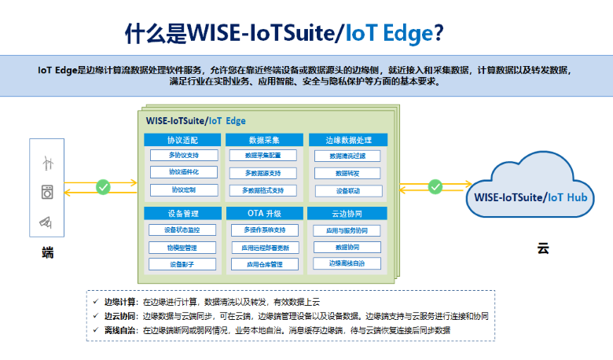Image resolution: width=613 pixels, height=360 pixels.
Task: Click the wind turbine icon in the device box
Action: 47,163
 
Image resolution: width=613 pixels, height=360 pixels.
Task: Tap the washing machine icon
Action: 47,193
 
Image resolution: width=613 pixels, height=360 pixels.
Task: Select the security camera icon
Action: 47,222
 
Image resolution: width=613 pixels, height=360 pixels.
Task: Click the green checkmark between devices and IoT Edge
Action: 102,187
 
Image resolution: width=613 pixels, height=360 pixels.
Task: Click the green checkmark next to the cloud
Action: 435,186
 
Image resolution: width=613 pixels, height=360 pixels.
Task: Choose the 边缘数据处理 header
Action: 347,140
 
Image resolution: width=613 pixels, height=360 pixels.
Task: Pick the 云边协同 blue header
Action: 347,214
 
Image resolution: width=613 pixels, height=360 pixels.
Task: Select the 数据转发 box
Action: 347,173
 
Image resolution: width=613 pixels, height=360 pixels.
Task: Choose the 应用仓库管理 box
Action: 264,265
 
